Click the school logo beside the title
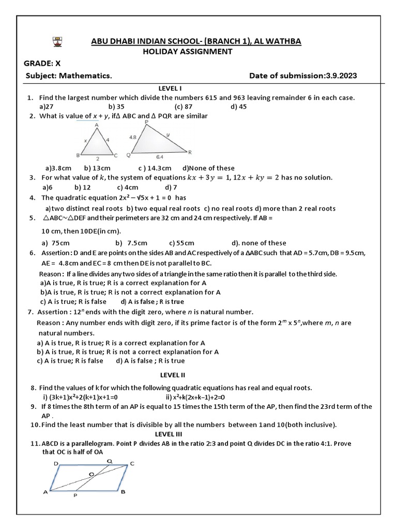[x=57, y=41]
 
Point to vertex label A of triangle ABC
[x=97, y=125]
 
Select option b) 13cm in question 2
[x=97, y=168]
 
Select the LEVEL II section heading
[x=173, y=375]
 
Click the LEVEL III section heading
[x=169, y=434]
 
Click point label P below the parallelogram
[x=75, y=495]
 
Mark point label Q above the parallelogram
[x=109, y=460]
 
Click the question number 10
[x=34, y=425]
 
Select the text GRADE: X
[x=46, y=64]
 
